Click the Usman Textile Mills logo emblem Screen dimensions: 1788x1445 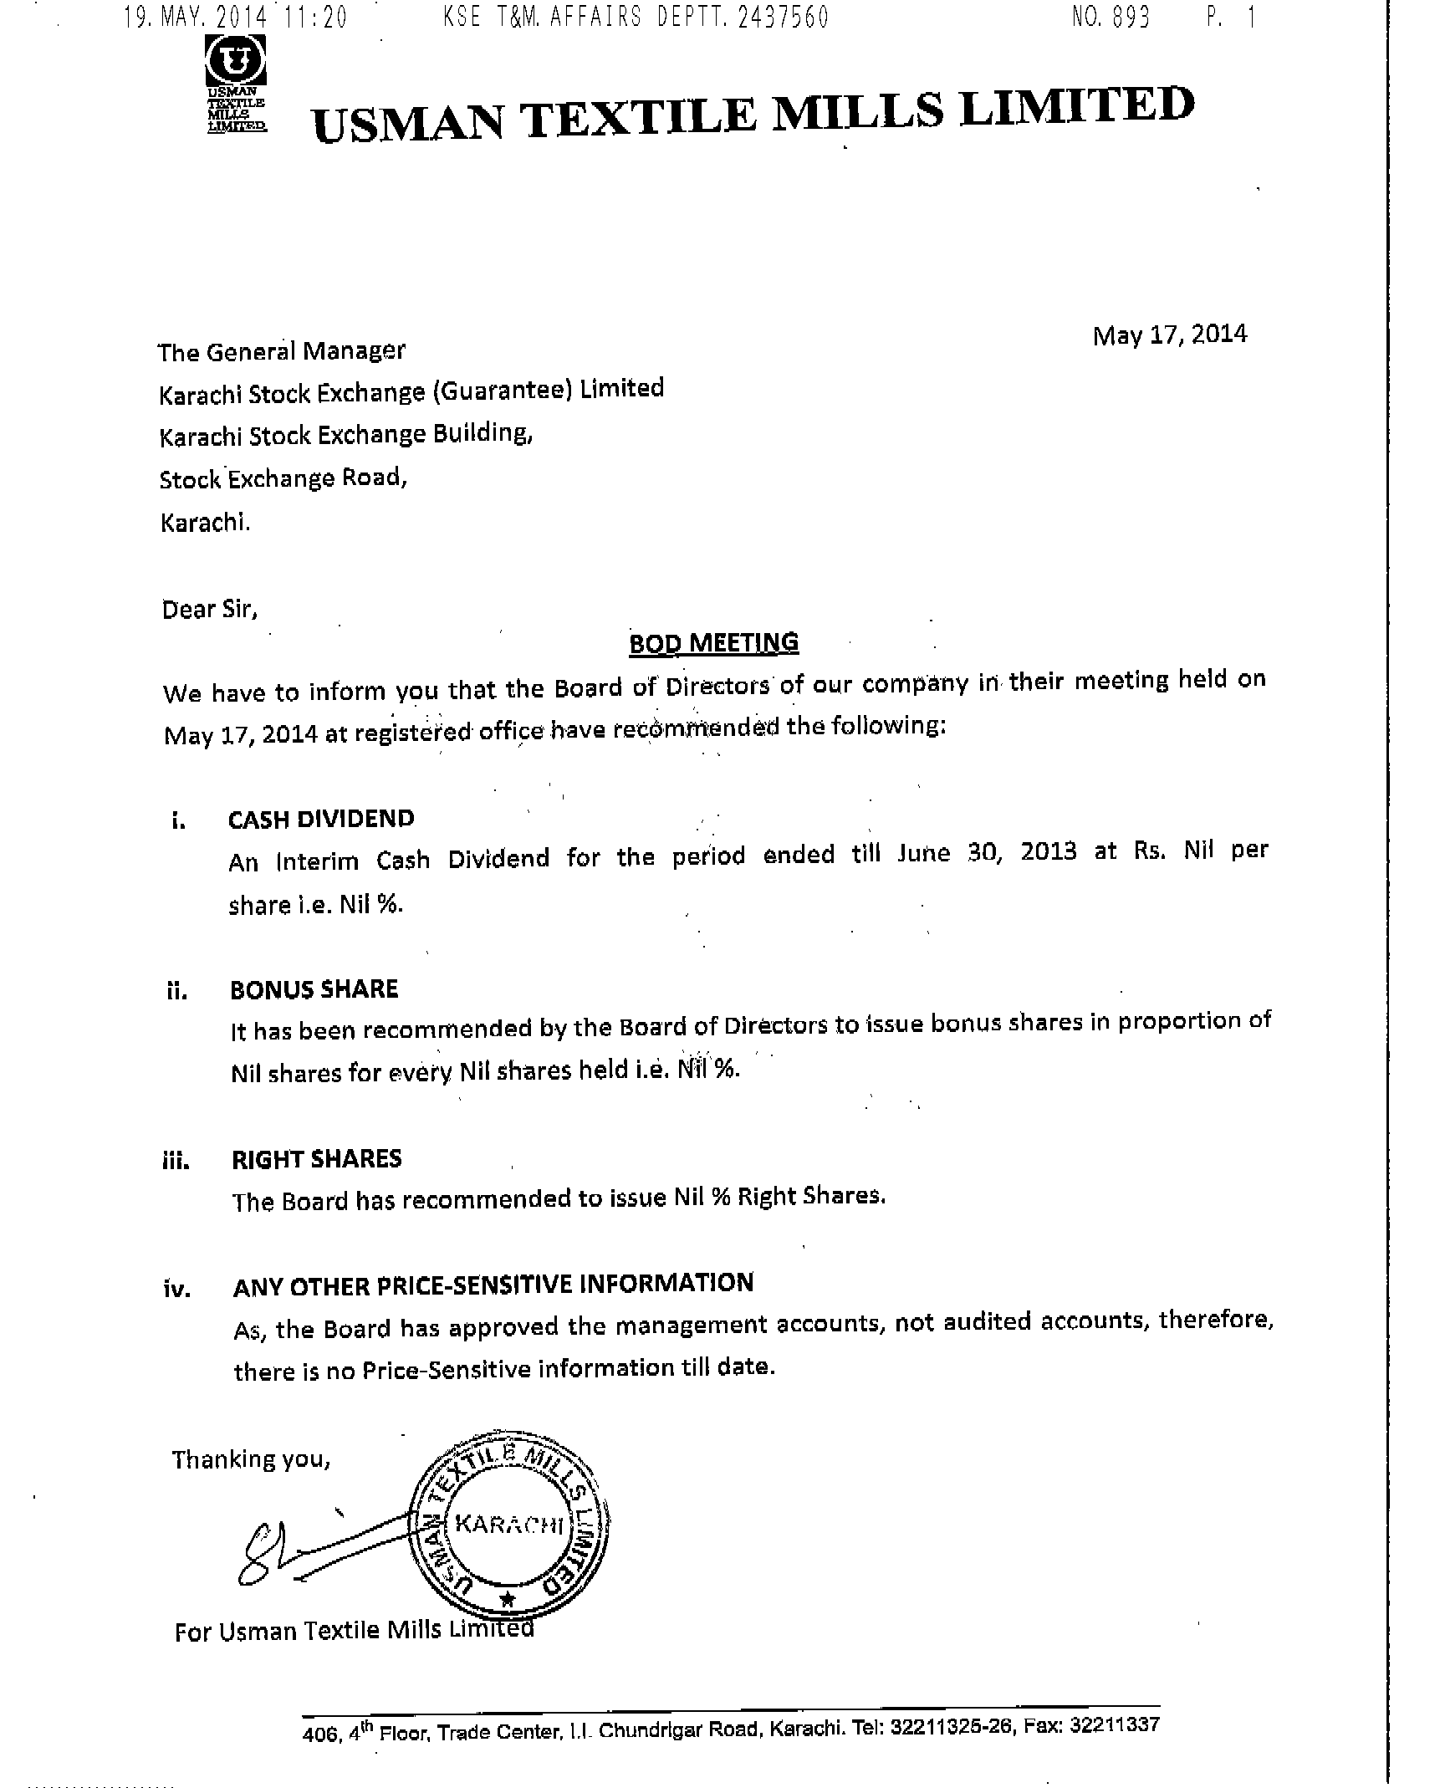[x=237, y=61]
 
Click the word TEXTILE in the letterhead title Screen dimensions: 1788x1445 [x=639, y=118]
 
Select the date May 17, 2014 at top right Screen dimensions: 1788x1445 [x=1169, y=335]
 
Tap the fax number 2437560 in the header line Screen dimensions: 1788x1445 [x=783, y=18]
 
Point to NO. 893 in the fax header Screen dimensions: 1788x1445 [x=1111, y=18]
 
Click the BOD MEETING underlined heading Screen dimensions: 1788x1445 [x=713, y=642]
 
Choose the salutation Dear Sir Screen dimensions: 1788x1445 [x=210, y=609]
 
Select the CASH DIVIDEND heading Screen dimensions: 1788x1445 [x=321, y=819]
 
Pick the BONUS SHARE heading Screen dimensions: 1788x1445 [x=314, y=989]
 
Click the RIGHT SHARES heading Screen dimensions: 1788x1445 [x=317, y=1159]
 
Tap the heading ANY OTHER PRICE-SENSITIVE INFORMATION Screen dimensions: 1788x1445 [x=493, y=1285]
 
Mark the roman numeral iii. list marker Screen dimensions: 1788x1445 [x=176, y=1161]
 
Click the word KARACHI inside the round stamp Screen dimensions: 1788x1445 [x=509, y=1524]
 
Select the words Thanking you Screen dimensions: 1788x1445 [x=252, y=1459]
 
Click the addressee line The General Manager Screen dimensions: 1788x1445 [x=282, y=351]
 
